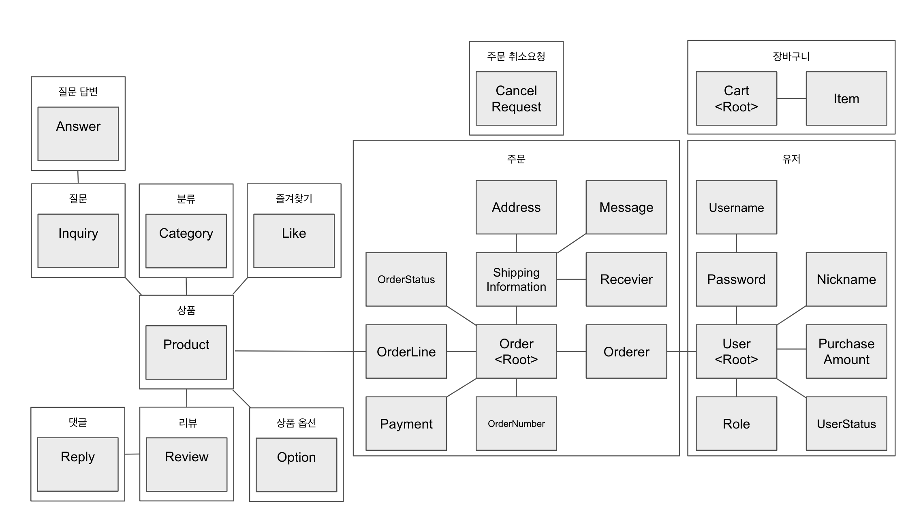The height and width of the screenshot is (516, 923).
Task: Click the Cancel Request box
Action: [x=516, y=98]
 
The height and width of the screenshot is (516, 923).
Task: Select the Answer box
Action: [x=78, y=134]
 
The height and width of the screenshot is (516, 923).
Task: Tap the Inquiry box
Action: [x=78, y=241]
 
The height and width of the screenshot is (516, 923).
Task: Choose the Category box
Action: [x=186, y=241]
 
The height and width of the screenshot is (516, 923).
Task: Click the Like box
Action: [x=294, y=241]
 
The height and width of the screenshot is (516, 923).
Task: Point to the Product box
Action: [x=186, y=352]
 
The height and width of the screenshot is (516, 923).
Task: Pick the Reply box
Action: [x=78, y=464]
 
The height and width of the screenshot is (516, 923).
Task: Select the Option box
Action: [x=296, y=465]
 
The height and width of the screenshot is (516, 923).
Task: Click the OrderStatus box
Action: [x=406, y=279]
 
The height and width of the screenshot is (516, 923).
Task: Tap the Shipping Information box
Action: [x=516, y=279]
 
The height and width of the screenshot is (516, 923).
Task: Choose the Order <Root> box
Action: [x=516, y=351]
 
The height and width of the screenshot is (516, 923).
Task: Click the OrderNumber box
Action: [x=516, y=423]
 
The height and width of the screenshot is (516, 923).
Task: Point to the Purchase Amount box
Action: [x=846, y=351]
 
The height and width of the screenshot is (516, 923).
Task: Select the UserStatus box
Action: [x=846, y=423]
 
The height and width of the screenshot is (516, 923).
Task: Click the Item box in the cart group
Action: [x=846, y=98]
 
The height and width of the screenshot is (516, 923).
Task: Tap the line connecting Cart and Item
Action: [x=791, y=98]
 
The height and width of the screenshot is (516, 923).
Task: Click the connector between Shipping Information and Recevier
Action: [x=571, y=279]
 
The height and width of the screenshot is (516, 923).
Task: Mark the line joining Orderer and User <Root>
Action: [x=681, y=352]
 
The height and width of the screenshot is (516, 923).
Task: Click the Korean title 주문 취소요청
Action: [x=516, y=56]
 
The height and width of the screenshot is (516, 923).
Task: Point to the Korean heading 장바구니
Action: [x=791, y=56]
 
